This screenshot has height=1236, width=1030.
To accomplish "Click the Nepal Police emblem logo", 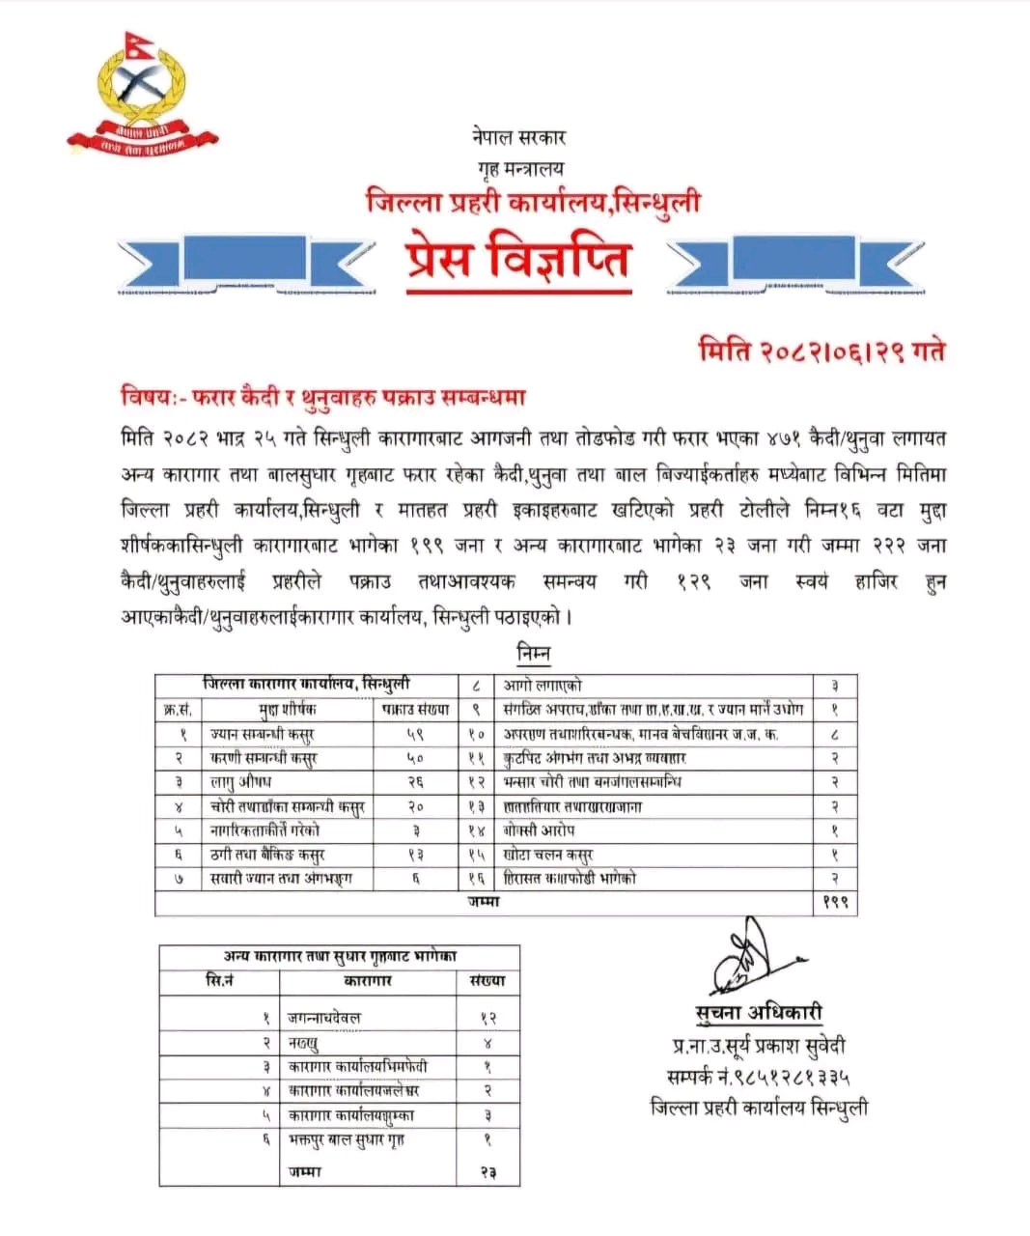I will [x=143, y=98].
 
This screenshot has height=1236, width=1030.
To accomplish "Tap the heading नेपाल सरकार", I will [x=519, y=137].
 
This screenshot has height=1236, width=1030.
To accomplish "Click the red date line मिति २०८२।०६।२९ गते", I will [x=821, y=351].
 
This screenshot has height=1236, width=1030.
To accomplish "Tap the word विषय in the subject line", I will [x=145, y=396].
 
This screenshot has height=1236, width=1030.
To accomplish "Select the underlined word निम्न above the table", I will [x=533, y=654].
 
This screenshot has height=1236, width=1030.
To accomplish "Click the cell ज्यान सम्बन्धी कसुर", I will [x=263, y=734].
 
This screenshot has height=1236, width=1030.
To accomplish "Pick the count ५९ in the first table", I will [x=415, y=734].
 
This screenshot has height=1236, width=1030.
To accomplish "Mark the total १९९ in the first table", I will [x=834, y=903].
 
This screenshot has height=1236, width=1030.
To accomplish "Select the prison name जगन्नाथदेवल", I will [x=324, y=1018].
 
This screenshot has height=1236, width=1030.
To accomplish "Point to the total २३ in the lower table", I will [x=487, y=1172].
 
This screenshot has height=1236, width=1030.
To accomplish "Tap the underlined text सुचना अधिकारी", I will [x=759, y=1012].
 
